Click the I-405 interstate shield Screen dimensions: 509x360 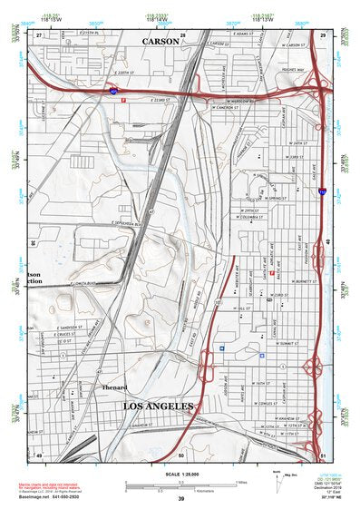(x=112, y=92)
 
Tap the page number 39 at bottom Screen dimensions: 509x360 (x=180, y=499)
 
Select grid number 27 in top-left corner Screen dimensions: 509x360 (x=39, y=34)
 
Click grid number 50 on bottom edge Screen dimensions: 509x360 (x=180, y=455)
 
